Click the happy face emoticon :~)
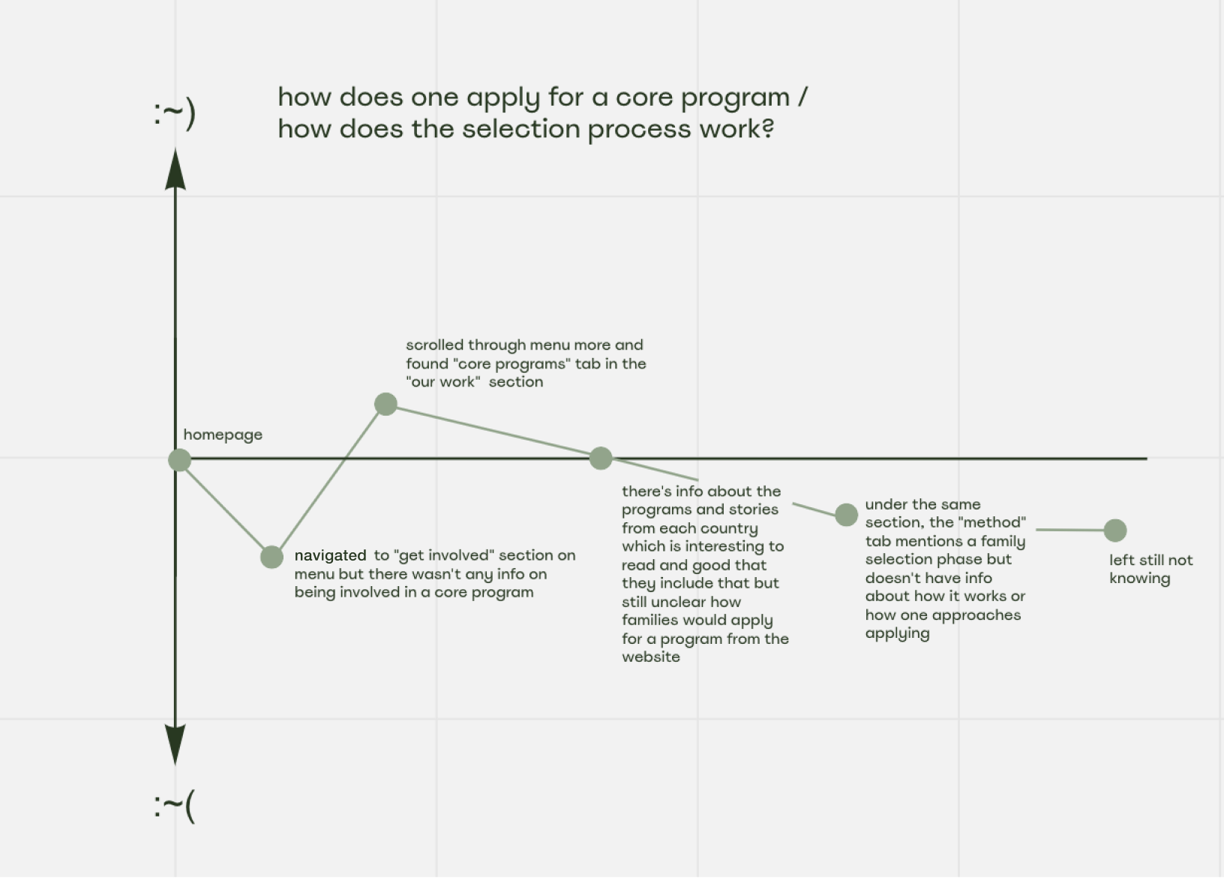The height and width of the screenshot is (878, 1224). tap(175, 114)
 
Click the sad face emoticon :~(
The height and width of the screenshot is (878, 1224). tap(175, 806)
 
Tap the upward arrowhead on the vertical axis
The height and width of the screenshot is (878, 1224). tap(175, 171)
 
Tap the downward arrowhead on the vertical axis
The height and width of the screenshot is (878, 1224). tap(175, 744)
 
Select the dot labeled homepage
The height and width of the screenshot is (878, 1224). tap(179, 460)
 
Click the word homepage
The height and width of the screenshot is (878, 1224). tap(223, 434)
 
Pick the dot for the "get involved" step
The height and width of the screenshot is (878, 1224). tap(271, 557)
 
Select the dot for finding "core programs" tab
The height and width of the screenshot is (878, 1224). tap(385, 404)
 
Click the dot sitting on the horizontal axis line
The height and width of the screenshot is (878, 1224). tap(601, 458)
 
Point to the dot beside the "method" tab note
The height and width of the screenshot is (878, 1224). tap(846, 515)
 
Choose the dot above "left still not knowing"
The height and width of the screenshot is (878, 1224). tap(1115, 531)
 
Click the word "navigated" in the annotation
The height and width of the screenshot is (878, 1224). tap(330, 555)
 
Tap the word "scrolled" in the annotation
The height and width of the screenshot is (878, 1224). tap(434, 345)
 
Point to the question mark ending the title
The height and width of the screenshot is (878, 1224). tap(766, 129)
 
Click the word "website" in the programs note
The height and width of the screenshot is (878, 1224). tap(651, 657)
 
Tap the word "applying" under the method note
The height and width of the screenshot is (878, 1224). tap(897, 633)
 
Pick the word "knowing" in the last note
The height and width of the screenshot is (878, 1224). tap(1139, 579)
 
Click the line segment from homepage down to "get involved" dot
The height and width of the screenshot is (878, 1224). tap(225, 508)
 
